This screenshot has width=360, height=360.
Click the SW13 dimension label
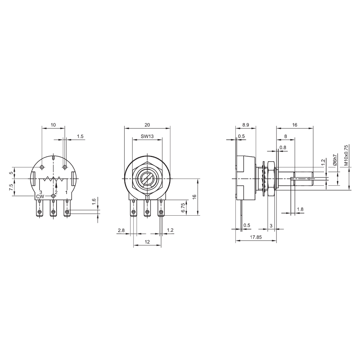[147, 136]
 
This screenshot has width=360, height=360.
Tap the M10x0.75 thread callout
[346, 155]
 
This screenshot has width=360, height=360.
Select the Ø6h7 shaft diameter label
[335, 160]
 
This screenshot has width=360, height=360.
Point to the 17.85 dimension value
[256, 237]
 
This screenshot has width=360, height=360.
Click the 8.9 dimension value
[246, 125]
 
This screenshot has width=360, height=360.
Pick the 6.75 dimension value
[183, 208]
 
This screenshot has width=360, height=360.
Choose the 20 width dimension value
[147, 125]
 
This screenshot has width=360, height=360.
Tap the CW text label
[40, 197]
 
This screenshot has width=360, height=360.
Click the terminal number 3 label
[41, 192]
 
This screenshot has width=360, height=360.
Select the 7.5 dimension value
[11, 187]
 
